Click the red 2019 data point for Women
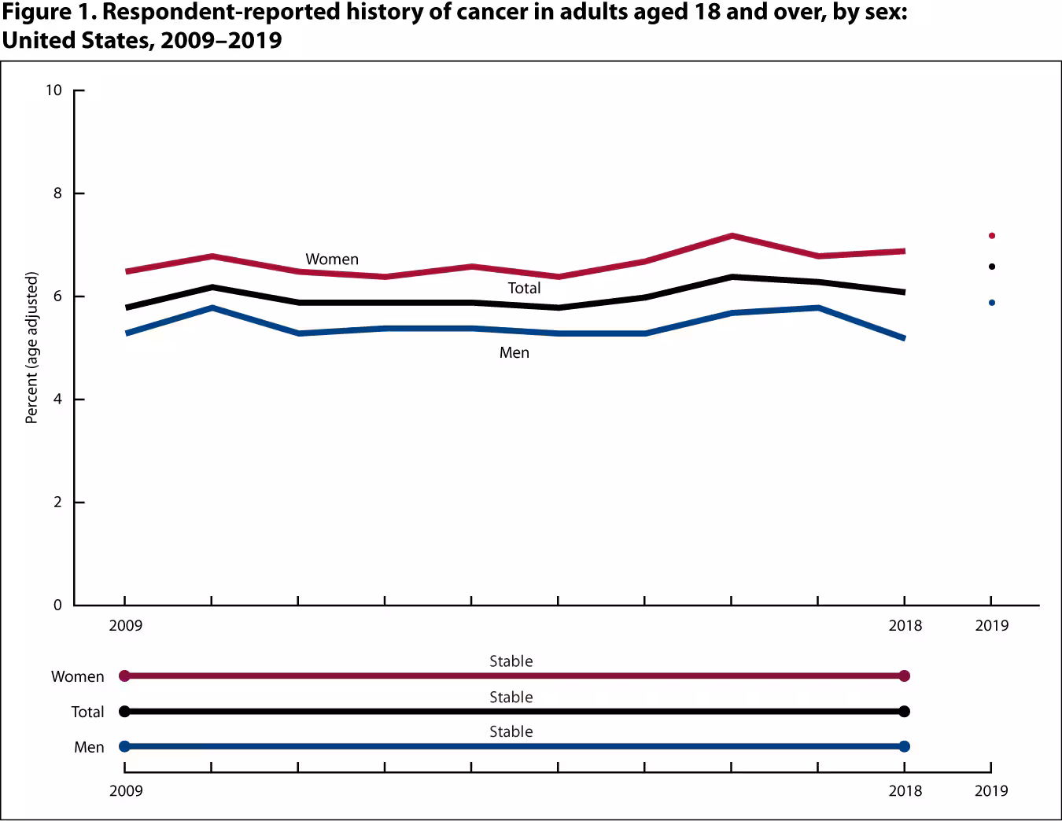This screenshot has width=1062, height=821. (x=991, y=236)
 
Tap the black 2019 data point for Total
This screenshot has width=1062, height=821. (x=991, y=267)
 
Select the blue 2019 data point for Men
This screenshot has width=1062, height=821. (x=991, y=303)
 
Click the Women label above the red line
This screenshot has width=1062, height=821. (x=332, y=260)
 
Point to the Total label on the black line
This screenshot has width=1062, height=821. (x=524, y=289)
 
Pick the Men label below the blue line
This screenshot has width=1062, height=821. (x=514, y=353)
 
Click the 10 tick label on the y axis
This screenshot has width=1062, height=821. (x=53, y=90)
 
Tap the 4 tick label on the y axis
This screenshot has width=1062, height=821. (x=57, y=399)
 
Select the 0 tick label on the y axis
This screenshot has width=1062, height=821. (x=57, y=605)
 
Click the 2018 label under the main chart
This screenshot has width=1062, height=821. (x=905, y=626)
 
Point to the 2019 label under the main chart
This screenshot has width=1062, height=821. (x=991, y=626)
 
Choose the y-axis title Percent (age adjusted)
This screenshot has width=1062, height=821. (x=31, y=348)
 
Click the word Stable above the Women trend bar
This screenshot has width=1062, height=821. (x=511, y=661)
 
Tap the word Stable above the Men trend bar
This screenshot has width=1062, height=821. (x=511, y=732)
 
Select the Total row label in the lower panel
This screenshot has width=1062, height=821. (x=87, y=712)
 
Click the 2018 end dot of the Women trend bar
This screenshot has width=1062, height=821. (x=904, y=676)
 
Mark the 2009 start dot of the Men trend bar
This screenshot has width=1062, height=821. (x=124, y=746)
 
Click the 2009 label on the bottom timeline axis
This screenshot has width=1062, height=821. (x=126, y=790)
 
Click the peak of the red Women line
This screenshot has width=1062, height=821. (x=732, y=236)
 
